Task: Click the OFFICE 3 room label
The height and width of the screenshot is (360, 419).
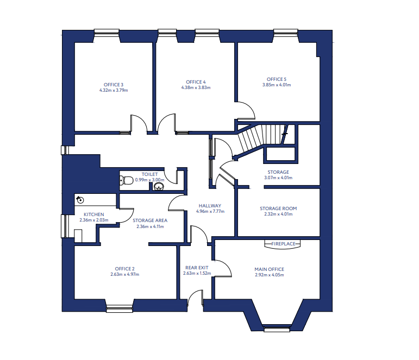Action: click(x=114, y=85)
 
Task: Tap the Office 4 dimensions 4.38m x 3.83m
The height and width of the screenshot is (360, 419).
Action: click(x=196, y=87)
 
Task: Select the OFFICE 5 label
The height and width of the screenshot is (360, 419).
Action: click(x=277, y=79)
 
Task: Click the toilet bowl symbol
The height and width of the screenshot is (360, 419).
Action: click(x=126, y=180)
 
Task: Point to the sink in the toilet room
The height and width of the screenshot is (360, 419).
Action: click(x=159, y=186)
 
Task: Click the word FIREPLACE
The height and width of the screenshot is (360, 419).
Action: click(x=283, y=244)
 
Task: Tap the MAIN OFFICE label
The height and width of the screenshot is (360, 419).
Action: click(x=270, y=269)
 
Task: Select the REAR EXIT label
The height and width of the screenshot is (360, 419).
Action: click(x=197, y=268)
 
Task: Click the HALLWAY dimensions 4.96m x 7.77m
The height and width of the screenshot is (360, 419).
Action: click(x=210, y=211)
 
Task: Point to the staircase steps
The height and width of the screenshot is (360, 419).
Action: click(x=260, y=137)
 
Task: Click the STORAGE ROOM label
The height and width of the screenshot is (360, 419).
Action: click(x=278, y=209)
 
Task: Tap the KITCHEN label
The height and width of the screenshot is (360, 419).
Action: click(x=94, y=214)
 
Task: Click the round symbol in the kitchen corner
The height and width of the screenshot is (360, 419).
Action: click(x=80, y=200)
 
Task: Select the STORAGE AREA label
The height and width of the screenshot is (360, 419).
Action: click(x=150, y=220)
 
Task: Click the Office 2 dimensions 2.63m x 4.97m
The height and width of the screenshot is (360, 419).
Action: click(x=125, y=274)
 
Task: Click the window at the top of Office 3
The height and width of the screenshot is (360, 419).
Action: click(x=107, y=31)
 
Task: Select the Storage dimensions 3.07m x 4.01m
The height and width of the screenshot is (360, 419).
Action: click(x=278, y=178)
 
